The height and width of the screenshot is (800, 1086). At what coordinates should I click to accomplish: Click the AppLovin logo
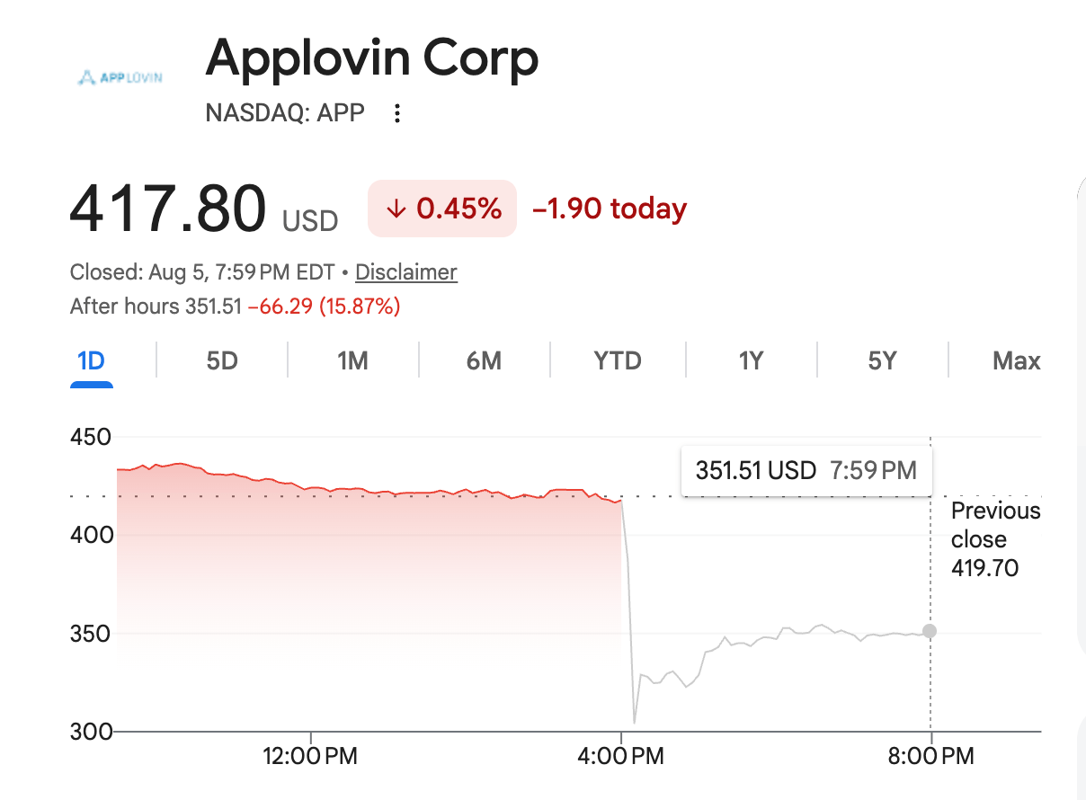click(x=120, y=77)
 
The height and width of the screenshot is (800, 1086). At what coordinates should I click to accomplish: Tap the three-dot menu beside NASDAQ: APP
click(x=397, y=113)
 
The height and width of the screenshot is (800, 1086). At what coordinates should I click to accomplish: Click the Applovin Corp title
click(x=372, y=59)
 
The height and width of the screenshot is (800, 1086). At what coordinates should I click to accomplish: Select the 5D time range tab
click(x=222, y=360)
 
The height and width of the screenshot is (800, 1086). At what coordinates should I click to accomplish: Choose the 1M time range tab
click(x=352, y=360)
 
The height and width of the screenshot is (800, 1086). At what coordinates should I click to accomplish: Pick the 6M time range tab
click(x=484, y=360)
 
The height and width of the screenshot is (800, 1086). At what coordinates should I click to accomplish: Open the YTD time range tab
click(x=618, y=360)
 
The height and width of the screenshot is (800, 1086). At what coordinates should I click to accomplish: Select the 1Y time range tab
click(x=751, y=360)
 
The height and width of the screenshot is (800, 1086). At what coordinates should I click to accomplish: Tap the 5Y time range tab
click(x=883, y=360)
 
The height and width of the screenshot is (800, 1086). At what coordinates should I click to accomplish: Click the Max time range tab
click(x=1016, y=360)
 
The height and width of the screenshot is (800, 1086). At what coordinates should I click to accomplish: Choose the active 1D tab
click(x=91, y=360)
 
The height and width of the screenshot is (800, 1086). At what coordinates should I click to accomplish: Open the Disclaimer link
click(x=406, y=272)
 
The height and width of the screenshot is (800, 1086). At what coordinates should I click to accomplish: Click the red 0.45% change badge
click(x=442, y=209)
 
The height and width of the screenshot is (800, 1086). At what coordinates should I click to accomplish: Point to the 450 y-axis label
click(x=91, y=438)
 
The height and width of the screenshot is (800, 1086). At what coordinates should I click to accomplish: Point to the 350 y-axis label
click(x=91, y=634)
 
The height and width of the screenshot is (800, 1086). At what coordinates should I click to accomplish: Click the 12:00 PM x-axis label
click(x=310, y=756)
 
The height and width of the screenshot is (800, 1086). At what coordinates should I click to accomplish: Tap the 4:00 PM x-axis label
click(x=620, y=756)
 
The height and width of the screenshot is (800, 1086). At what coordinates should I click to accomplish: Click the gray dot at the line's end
click(x=930, y=631)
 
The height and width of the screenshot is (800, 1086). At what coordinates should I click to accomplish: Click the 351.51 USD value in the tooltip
click(x=756, y=470)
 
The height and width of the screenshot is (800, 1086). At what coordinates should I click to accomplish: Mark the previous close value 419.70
click(x=984, y=568)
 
